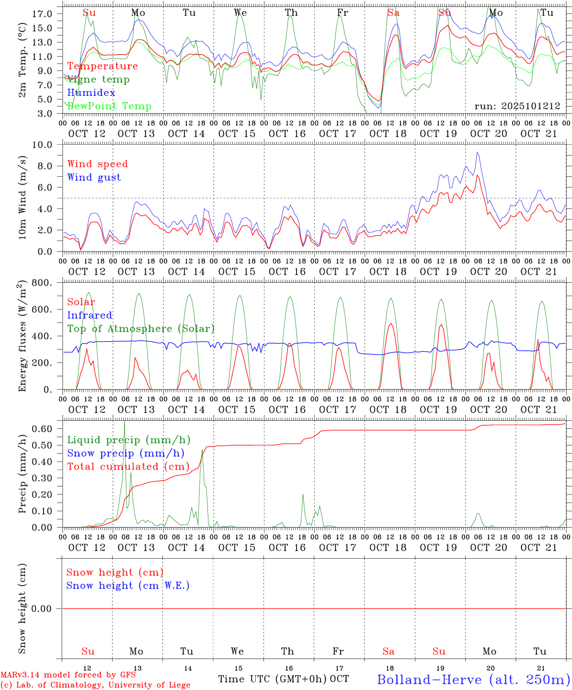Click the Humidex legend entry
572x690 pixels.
91,92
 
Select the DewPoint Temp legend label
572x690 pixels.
109,106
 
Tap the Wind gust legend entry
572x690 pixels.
94,177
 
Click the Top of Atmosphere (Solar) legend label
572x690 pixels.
141,329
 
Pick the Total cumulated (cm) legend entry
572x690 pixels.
128,466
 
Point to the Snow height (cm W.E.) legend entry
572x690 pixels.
128,586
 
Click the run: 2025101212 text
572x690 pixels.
517,106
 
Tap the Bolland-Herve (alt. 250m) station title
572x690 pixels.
473,679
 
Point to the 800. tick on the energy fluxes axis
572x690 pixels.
43,283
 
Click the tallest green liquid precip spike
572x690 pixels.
125,421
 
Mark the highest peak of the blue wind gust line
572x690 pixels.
477,153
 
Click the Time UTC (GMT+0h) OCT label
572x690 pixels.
284,679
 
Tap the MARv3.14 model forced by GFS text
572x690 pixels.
68,675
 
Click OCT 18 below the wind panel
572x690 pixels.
388,272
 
